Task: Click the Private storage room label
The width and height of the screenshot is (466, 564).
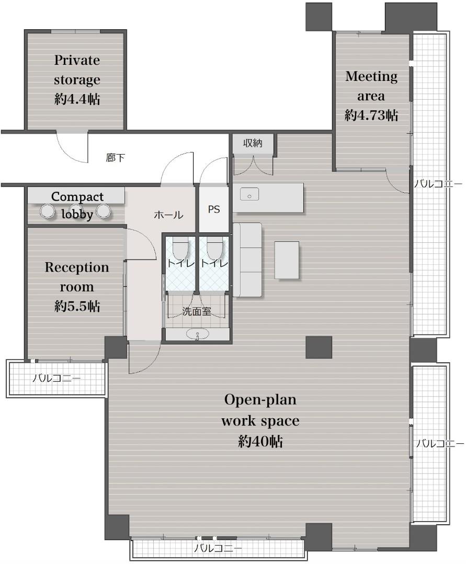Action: [x=77, y=79]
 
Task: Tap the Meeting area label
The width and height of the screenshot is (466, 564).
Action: [x=371, y=96]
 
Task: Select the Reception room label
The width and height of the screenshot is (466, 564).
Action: [x=77, y=287]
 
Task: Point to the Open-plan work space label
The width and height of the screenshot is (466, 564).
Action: [x=260, y=420]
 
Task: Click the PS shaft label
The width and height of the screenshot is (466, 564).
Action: [x=214, y=209]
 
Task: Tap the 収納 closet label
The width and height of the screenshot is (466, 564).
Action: [x=253, y=143]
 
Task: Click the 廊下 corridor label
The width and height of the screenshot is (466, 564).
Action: [x=115, y=158]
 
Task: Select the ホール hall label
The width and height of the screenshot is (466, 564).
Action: [x=168, y=215]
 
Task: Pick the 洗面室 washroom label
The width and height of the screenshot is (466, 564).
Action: [x=196, y=311]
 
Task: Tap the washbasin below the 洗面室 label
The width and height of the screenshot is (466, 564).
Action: [x=197, y=335]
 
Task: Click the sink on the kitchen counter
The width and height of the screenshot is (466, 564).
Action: [x=249, y=195]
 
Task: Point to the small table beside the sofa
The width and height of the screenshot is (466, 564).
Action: [x=287, y=260]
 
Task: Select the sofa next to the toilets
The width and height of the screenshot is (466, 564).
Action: [x=247, y=260]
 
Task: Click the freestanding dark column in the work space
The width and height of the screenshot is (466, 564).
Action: [x=319, y=347]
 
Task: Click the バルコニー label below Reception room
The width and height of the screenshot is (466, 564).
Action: [x=56, y=379]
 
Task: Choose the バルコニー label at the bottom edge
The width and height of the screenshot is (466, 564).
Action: [x=218, y=548]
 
